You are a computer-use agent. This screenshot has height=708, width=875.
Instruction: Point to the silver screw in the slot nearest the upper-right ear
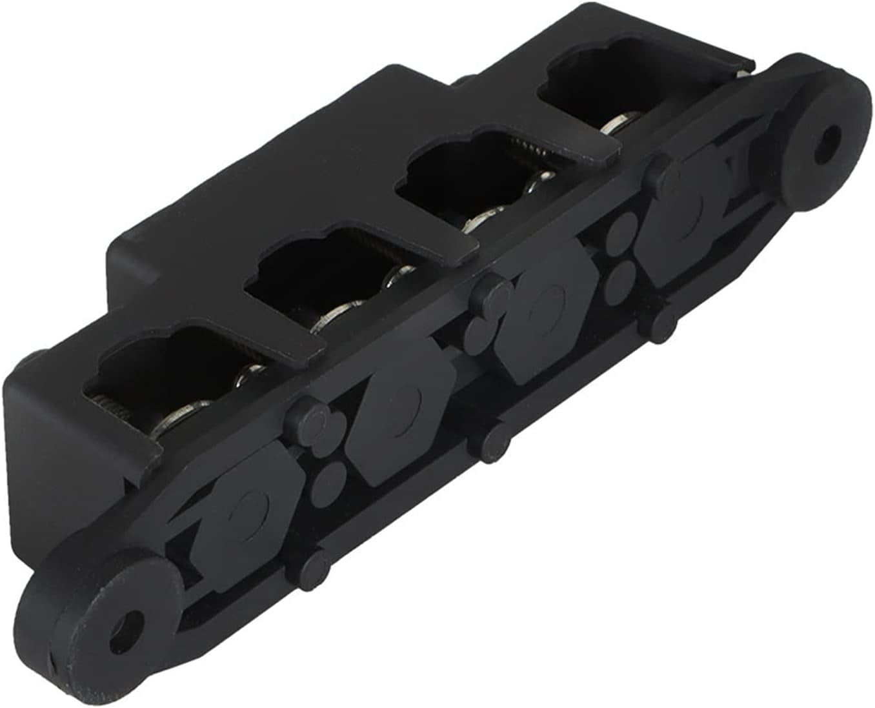pos(621,123)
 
